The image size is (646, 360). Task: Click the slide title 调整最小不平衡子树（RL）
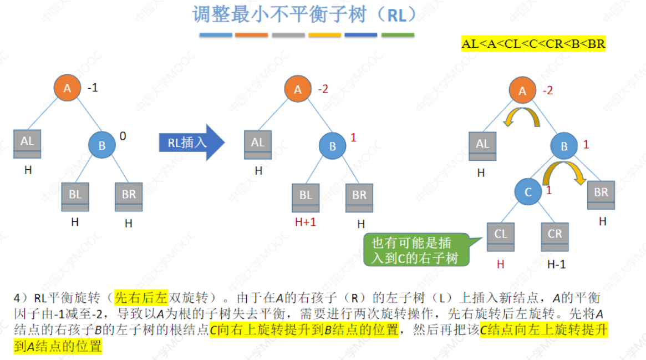pyautogui.click(x=304, y=14)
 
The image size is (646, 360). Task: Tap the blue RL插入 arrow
pyautogui.click(x=191, y=143)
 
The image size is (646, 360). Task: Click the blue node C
pyautogui.click(x=528, y=192)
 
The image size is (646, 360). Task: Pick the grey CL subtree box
pyautogui.click(x=501, y=237)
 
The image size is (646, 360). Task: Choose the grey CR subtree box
pyautogui.click(x=555, y=237)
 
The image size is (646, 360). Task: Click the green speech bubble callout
pyautogui.click(x=415, y=250)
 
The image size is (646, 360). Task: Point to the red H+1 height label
pyautogui.click(x=306, y=224)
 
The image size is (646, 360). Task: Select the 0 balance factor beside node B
pyautogui.click(x=123, y=135)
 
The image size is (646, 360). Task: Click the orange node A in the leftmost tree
pyautogui.click(x=67, y=88)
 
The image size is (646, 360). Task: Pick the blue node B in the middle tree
pyautogui.click(x=332, y=146)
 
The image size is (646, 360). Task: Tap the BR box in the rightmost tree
pyautogui.click(x=601, y=195)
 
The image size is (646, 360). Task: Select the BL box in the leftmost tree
pyautogui.click(x=75, y=197)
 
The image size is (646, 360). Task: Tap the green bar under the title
pyautogui.click(x=398, y=35)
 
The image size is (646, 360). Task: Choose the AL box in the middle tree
pyautogui.click(x=258, y=145)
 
